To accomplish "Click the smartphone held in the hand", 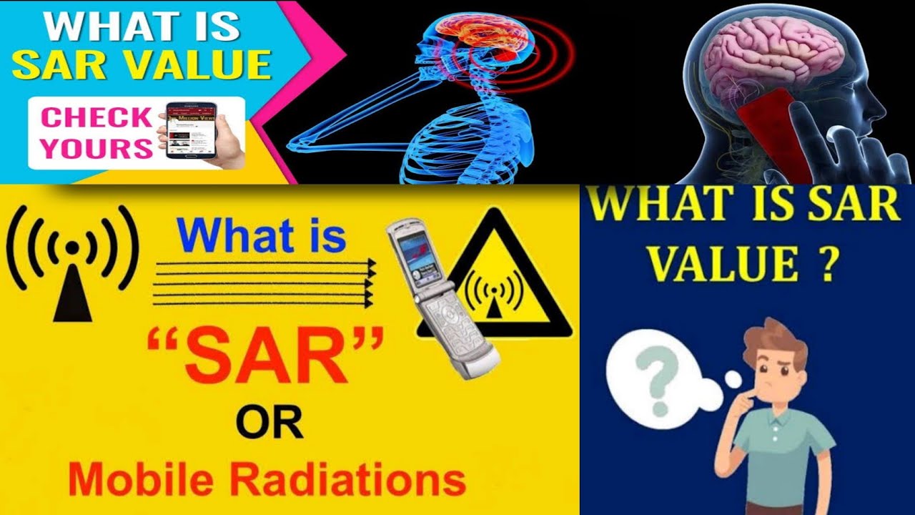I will coord(191,130).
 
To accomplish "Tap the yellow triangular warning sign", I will coord(495,283).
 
